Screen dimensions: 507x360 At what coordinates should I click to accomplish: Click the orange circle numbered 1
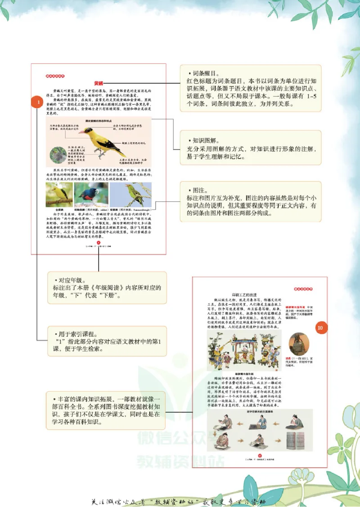[40, 103]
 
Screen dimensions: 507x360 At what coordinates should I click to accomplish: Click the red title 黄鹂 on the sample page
[99, 83]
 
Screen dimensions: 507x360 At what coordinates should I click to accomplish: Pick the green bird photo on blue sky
[131, 195]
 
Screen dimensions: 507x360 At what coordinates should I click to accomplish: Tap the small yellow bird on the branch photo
[58, 195]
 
